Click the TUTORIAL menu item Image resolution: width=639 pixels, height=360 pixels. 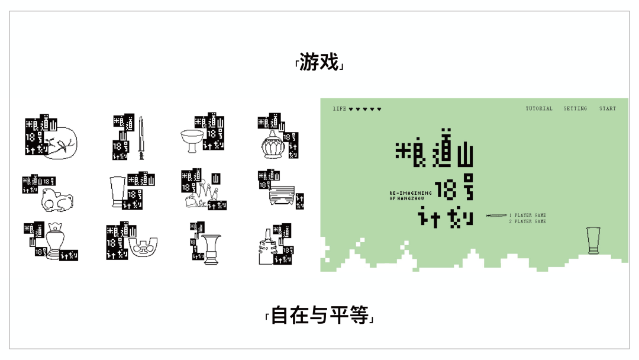pyautogui.click(x=539, y=109)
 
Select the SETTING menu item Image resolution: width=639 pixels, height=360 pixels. pyautogui.click(x=575, y=109)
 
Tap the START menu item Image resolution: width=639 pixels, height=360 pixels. pyautogui.click(x=608, y=109)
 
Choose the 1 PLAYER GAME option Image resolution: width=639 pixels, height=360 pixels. pyautogui.click(x=528, y=215)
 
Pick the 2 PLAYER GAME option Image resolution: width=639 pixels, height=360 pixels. pyautogui.click(x=528, y=221)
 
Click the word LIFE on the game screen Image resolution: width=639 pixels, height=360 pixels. pyautogui.click(x=340, y=109)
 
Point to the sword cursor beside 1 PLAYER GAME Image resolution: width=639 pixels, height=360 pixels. pyautogui.click(x=496, y=216)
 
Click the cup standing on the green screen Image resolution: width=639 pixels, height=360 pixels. pyautogui.click(x=593, y=240)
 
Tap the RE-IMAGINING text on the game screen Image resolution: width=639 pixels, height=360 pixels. pyautogui.click(x=411, y=193)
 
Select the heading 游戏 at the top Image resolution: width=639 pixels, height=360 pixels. pyautogui.click(x=319, y=62)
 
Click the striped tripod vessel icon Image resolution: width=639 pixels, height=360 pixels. pyautogui.click(x=282, y=195)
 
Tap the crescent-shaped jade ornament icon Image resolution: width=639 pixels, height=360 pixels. pyautogui.click(x=143, y=247)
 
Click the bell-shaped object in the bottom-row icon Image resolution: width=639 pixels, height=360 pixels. pyautogui.click(x=263, y=252)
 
